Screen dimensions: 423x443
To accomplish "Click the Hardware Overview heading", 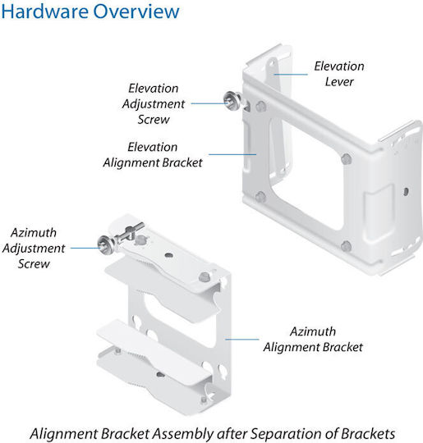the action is click(x=90, y=11).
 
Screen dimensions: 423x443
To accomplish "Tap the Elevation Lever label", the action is click(x=339, y=74).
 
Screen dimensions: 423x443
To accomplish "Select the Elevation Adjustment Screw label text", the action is click(x=154, y=103).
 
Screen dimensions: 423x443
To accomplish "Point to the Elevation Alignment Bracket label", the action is click(x=153, y=154).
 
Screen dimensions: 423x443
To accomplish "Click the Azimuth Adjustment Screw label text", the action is click(x=34, y=248).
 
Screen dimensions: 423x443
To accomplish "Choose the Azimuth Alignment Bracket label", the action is click(x=313, y=339).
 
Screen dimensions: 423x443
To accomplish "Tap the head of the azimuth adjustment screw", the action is click(x=105, y=244).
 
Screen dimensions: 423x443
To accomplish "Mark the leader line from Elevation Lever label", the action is click(x=291, y=75).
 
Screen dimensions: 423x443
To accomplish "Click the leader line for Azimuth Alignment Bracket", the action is click(x=242, y=339).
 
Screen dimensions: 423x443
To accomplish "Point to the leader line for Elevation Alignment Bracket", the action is click(x=232, y=154).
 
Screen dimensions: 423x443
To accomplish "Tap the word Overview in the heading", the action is click(x=136, y=11).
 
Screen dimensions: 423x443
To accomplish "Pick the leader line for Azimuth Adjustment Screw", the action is click(x=85, y=248).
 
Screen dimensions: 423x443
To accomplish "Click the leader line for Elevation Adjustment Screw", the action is click(x=209, y=103).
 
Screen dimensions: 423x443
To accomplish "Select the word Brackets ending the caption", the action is click(x=368, y=434).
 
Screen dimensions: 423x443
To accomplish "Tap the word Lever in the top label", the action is click(x=339, y=82).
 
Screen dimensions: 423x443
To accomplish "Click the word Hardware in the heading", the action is click(x=44, y=11).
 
